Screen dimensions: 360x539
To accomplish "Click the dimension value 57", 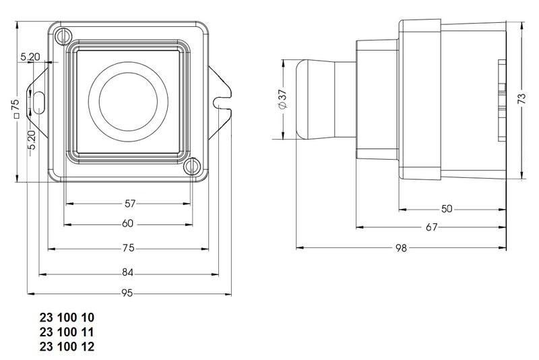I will [x=130, y=202].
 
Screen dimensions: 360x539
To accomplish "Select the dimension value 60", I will [x=127, y=224].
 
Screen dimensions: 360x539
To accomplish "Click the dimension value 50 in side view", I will [x=447, y=208].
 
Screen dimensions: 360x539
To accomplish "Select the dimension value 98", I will [x=402, y=248].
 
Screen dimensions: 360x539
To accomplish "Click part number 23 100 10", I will [x=67, y=318].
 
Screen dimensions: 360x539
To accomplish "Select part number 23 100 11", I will [x=67, y=332].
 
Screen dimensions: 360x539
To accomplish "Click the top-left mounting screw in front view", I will [x=64, y=35].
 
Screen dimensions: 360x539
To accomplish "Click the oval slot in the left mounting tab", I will [x=38, y=102].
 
